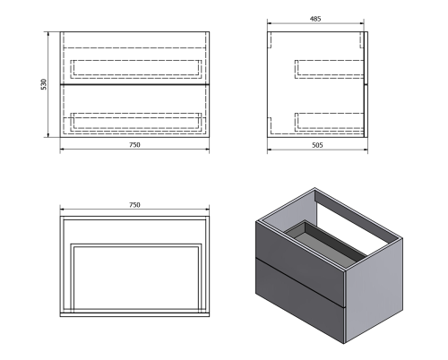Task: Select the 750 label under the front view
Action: [x=134, y=143]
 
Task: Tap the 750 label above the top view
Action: [x=134, y=206]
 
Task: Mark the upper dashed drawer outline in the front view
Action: [x=134, y=65]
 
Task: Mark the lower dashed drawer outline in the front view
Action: [x=134, y=120]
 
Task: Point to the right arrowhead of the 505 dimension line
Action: [x=366, y=149]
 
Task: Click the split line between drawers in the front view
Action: [x=134, y=84]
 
